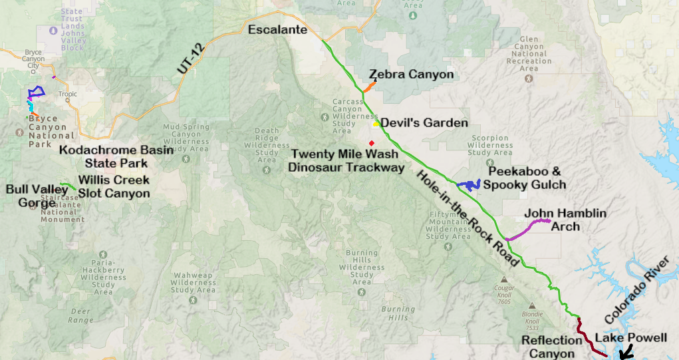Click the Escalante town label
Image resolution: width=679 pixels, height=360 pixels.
[x=277, y=30]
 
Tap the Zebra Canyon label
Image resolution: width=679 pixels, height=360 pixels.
[x=411, y=75]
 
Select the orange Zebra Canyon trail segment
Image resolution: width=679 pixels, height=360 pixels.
[x=370, y=87]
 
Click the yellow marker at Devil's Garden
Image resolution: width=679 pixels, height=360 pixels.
[x=376, y=123]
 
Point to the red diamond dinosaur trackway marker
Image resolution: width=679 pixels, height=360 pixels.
[x=372, y=143]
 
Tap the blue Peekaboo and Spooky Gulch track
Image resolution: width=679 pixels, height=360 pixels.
[x=470, y=185]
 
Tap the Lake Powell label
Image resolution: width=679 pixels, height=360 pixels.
[x=630, y=338]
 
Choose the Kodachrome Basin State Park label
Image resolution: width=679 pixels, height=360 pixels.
[x=116, y=156]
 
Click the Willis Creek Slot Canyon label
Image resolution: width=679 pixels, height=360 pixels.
[x=113, y=186]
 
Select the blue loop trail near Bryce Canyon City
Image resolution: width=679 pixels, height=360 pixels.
[x=35, y=92]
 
